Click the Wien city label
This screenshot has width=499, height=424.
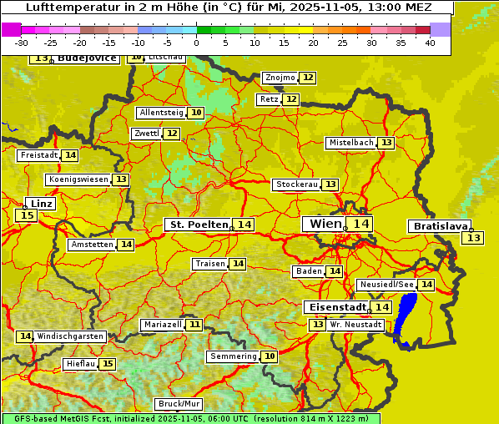325,224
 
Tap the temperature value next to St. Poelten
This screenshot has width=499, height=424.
244,225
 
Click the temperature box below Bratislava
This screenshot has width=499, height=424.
473,239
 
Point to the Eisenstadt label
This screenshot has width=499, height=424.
335,307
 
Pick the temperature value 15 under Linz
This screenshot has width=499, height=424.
26,215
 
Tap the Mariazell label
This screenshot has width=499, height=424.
162,324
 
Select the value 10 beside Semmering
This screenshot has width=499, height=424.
269,356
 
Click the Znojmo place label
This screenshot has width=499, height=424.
280,78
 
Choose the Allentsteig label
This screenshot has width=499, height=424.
161,113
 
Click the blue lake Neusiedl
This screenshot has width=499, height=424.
406,317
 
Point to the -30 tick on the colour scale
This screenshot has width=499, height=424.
22,43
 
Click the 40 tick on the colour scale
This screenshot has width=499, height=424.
430,43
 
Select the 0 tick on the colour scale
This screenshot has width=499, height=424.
196,43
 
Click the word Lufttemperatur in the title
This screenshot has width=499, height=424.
64,7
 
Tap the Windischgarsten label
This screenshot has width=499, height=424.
70,336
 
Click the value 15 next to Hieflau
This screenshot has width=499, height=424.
108,364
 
